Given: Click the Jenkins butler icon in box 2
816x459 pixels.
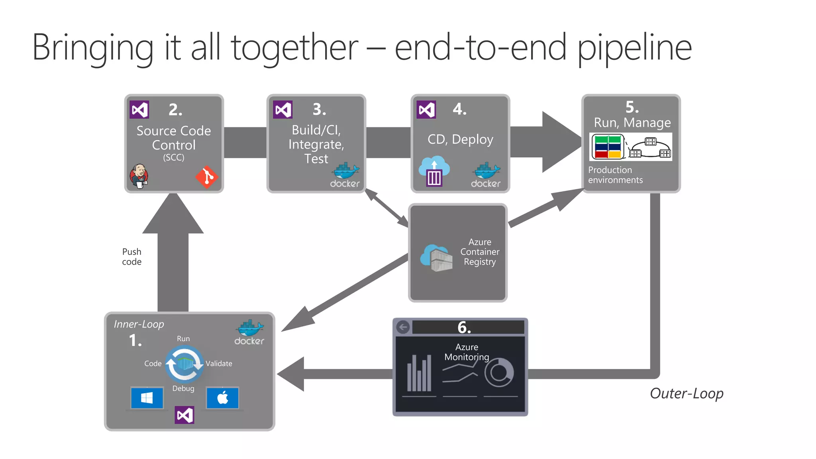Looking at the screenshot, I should click(x=139, y=176).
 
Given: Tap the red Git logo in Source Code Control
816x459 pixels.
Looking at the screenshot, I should click(x=206, y=177).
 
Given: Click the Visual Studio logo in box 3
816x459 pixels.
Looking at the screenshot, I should click(x=283, y=110).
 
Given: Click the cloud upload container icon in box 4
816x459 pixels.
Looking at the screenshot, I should click(x=434, y=172).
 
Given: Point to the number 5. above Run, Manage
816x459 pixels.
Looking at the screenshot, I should click(x=632, y=107).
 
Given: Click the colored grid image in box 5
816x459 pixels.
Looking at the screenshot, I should click(x=608, y=147).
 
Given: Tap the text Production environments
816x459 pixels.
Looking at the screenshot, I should click(x=615, y=175).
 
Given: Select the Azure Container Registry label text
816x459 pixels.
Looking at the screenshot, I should click(x=479, y=252).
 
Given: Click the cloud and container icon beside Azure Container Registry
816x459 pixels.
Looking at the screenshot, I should click(x=437, y=258).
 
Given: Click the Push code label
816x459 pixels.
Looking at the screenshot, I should click(x=132, y=257).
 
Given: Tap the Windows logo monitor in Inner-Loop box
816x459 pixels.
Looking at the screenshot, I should click(x=147, y=398).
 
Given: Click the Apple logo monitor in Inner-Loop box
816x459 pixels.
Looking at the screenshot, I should click(x=223, y=398).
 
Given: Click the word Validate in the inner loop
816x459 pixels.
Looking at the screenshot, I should click(x=219, y=363).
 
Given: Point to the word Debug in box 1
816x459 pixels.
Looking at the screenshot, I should click(x=183, y=388).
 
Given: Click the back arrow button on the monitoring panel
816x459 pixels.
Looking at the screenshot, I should click(x=403, y=328).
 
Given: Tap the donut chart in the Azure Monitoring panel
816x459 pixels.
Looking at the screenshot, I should click(x=499, y=373).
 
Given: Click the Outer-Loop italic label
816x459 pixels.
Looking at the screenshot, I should click(x=687, y=394).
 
